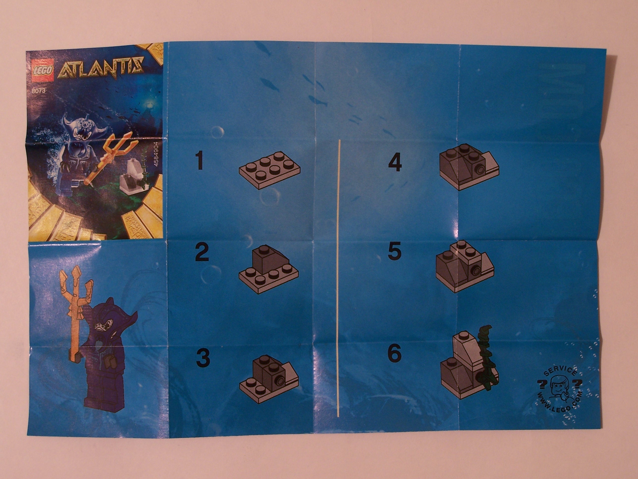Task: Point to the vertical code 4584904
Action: pyautogui.click(x=156, y=158)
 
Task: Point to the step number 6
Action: pyautogui.click(x=394, y=354)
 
